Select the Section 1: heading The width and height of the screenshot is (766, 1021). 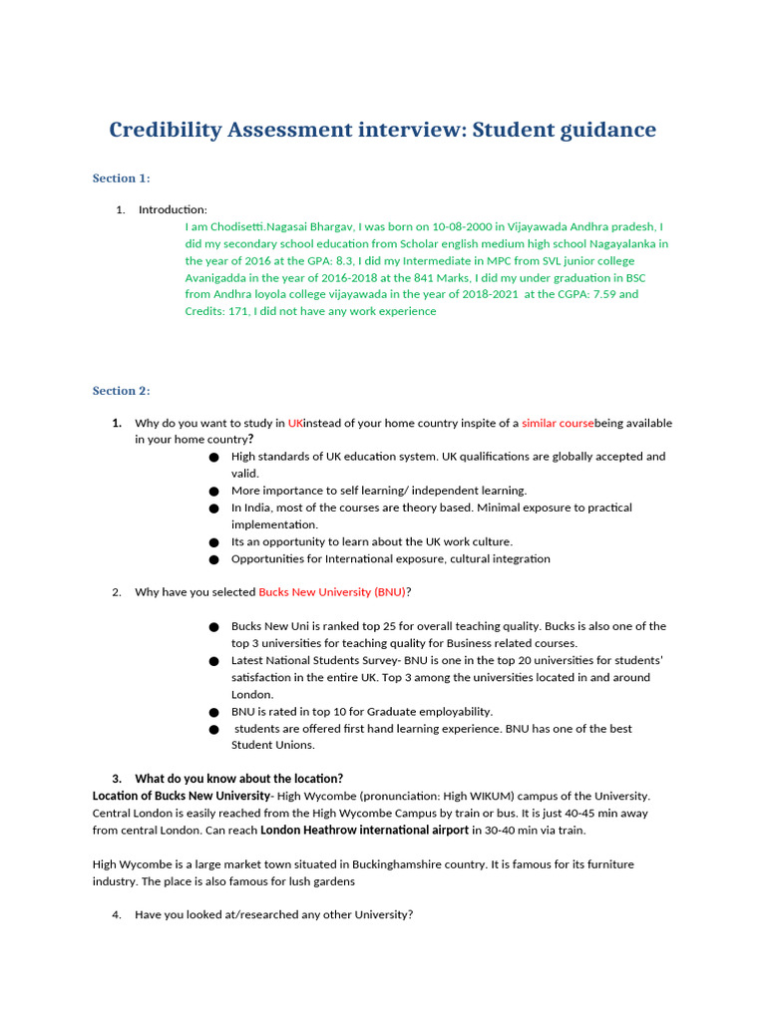point(121,178)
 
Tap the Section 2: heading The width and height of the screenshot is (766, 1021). point(121,391)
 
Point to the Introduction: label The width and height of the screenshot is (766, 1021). point(173,209)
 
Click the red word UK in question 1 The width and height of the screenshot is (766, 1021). point(295,423)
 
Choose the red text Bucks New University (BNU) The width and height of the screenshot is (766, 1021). point(332,592)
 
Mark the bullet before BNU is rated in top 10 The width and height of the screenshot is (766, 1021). point(214,712)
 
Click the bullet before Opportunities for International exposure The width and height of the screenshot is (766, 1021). point(214,559)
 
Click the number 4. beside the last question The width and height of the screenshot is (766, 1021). point(117,914)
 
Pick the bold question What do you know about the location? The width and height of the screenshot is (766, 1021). point(238,779)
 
